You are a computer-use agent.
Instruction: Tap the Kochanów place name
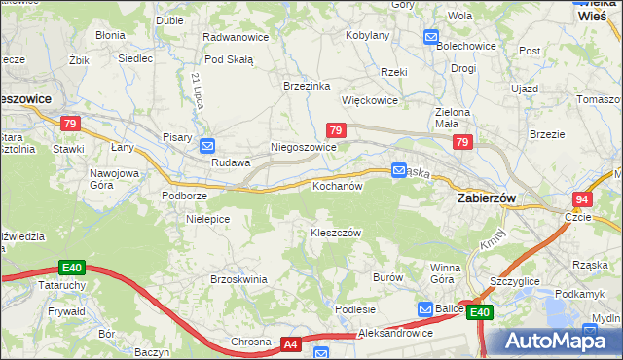[x=337, y=185]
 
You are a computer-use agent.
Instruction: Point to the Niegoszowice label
[x=303, y=147]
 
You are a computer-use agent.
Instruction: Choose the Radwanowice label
[x=235, y=36]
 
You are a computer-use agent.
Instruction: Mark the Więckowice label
[x=369, y=100]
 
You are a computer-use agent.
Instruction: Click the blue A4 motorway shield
[x=290, y=343]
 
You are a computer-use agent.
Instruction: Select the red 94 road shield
[x=582, y=198]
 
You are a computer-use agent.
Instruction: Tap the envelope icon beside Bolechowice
[x=431, y=37]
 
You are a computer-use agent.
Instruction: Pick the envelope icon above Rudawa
[x=207, y=146]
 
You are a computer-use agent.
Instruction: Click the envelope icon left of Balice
[x=425, y=308]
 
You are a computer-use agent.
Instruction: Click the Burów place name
[x=387, y=277]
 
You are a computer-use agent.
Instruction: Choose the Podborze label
[x=183, y=195]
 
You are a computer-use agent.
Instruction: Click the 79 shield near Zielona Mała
[x=461, y=143]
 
